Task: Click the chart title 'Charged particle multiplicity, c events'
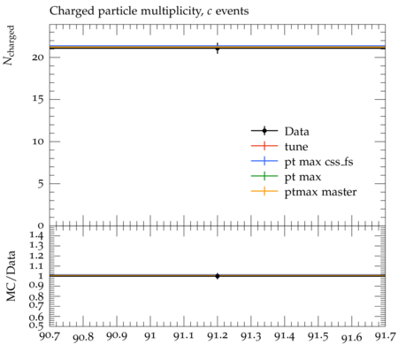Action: (x=149, y=11)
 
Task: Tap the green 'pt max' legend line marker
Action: (x=264, y=176)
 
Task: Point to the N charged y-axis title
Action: (x=9, y=45)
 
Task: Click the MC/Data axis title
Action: (x=11, y=276)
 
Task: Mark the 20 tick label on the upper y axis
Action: (x=38, y=57)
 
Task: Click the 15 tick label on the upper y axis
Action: (x=38, y=99)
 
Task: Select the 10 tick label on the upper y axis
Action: (x=38, y=142)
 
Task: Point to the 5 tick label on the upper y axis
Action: (x=41, y=184)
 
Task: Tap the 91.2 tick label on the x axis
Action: (x=218, y=336)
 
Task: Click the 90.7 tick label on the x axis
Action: (x=50, y=336)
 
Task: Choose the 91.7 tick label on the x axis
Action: (x=386, y=336)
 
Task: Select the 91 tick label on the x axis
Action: (x=150, y=336)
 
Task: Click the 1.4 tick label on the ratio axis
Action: (x=37, y=235)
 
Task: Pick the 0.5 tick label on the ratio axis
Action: (x=37, y=326)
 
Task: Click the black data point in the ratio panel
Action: (x=218, y=276)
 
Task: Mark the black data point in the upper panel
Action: (x=218, y=49)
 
